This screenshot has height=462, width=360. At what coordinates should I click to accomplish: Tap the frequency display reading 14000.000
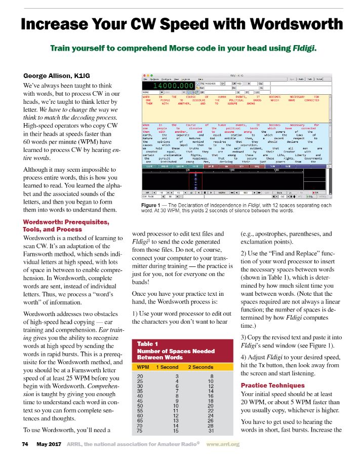click(162, 87)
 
